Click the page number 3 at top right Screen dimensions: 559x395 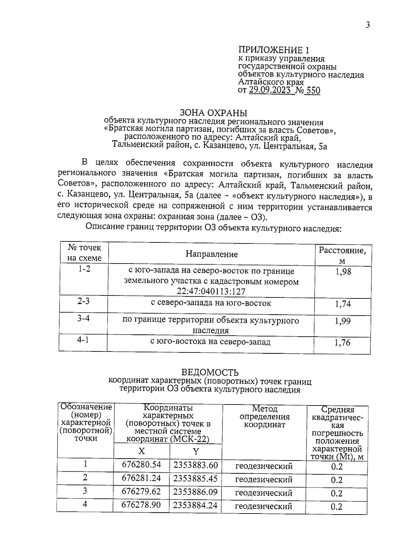(x=368, y=25)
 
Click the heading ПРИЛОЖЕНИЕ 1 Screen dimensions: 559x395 (x=274, y=50)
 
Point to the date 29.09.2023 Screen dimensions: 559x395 (x=270, y=91)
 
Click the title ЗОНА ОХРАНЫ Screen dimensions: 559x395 (x=214, y=113)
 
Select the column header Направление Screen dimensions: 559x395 (x=211, y=254)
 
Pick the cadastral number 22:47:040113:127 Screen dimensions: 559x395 (x=211, y=292)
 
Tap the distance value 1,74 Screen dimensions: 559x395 (x=343, y=304)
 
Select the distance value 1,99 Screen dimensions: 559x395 (x=343, y=321)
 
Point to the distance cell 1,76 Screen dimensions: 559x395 (x=342, y=343)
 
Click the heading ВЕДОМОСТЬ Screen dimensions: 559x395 (x=210, y=373)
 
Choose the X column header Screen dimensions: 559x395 (x=142, y=451)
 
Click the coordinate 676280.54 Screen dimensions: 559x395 (x=142, y=465)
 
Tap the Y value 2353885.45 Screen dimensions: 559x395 (x=196, y=478)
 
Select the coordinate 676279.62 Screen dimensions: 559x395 (x=142, y=491)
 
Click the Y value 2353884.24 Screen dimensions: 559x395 (x=195, y=505)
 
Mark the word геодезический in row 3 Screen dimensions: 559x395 (x=264, y=493)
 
